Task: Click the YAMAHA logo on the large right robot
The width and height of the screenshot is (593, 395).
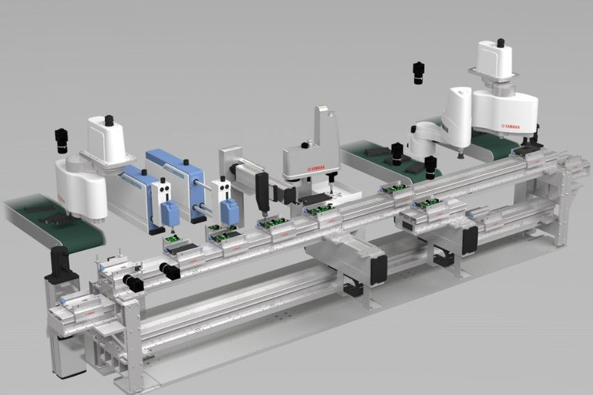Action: click(x=514, y=127)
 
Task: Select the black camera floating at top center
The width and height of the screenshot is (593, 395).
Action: click(x=418, y=72)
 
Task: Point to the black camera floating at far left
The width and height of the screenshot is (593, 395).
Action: click(x=62, y=140)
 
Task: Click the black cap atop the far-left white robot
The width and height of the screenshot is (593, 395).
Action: click(x=109, y=120)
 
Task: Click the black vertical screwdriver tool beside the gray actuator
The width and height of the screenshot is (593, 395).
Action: click(x=262, y=191)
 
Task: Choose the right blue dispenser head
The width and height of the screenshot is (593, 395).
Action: click(x=230, y=211)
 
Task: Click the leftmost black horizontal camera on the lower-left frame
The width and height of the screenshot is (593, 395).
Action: click(x=132, y=282)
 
